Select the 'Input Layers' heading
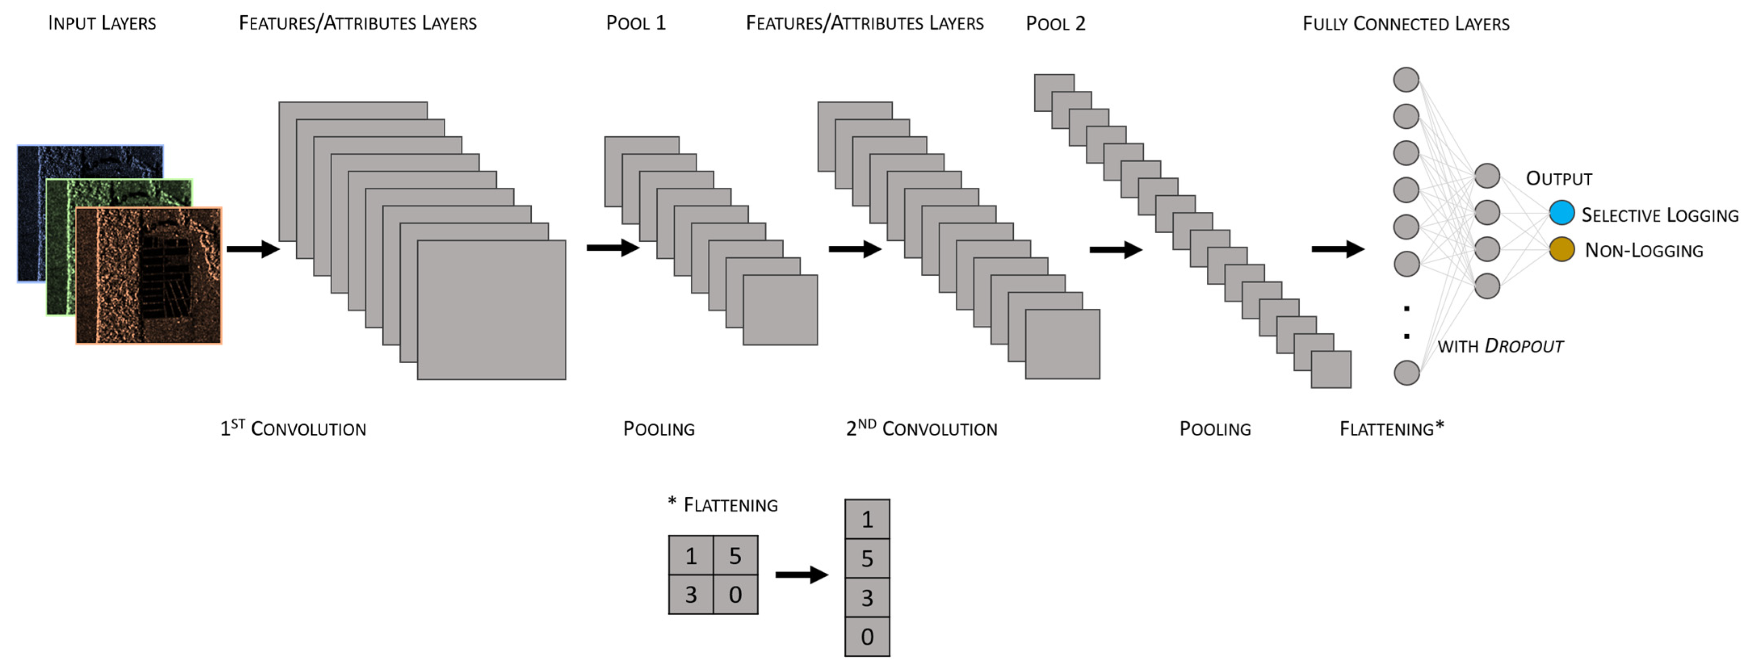tap(102, 23)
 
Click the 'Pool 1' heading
tap(635, 23)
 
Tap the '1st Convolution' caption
tap(293, 428)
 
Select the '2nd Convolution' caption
tap(921, 428)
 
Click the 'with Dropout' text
tap(1500, 346)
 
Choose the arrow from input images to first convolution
tap(253, 249)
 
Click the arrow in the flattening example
tap(801, 575)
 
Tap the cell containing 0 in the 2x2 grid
tap(735, 595)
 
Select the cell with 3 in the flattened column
tap(867, 597)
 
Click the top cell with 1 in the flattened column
tap(867, 519)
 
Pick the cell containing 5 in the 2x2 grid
tap(735, 556)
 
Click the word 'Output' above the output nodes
tap(1559, 178)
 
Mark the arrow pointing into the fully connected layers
tap(1337, 249)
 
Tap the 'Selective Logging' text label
tap(1659, 215)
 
